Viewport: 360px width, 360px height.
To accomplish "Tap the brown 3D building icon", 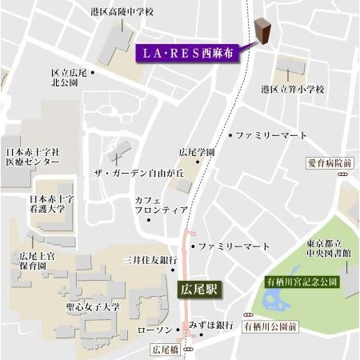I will (x=263, y=30).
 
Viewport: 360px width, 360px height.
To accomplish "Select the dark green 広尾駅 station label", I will (x=198, y=289).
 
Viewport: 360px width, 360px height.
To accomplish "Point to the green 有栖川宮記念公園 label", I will (x=302, y=282).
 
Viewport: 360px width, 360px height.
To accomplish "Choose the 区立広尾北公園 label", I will (x=68, y=77).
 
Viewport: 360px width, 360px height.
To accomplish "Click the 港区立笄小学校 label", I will (x=293, y=90).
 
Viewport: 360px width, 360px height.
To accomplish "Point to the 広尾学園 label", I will (x=197, y=151).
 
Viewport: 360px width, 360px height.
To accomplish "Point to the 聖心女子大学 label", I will (x=93, y=306).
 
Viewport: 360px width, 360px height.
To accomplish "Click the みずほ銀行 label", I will (x=211, y=325).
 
